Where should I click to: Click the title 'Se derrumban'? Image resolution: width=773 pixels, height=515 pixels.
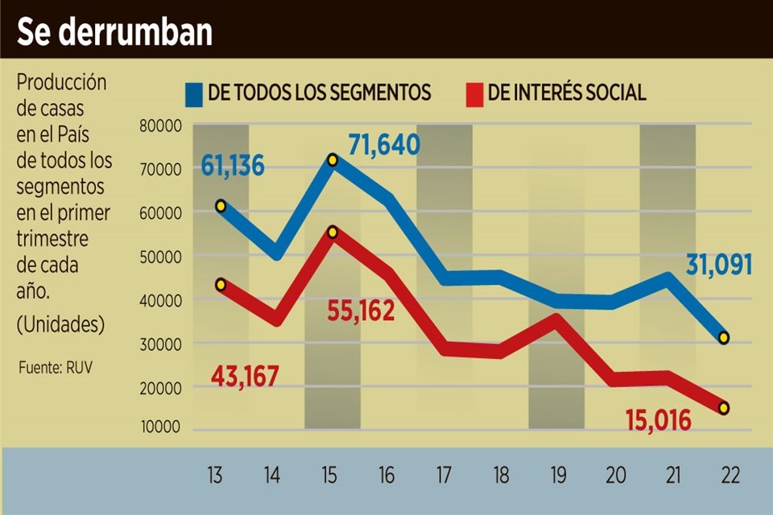(x=114, y=31)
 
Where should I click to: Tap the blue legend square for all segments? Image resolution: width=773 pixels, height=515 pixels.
(x=193, y=93)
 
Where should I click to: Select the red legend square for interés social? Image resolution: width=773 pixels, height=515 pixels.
(x=475, y=93)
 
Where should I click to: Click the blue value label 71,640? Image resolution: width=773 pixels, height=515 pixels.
(x=384, y=146)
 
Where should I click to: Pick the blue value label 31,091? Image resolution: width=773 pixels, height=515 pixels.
(x=718, y=265)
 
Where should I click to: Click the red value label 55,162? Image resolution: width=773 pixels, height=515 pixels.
(x=361, y=311)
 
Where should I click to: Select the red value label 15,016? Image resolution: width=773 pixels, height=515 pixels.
(x=658, y=419)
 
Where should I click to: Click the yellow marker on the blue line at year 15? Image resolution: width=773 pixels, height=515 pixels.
(x=333, y=160)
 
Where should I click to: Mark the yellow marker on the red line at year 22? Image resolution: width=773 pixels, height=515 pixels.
(x=724, y=408)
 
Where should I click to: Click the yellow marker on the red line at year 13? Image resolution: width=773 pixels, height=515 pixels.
(x=221, y=284)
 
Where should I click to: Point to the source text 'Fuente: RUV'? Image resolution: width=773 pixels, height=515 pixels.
(x=52, y=369)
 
